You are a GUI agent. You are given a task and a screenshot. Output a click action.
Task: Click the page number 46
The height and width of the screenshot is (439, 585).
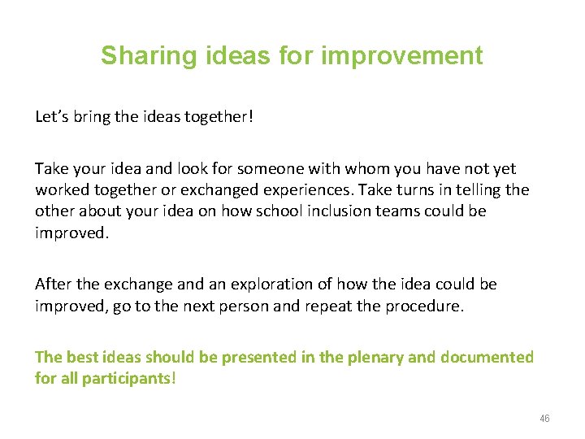[544, 419]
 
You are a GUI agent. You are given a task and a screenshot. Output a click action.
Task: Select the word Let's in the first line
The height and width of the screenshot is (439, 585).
[54, 116]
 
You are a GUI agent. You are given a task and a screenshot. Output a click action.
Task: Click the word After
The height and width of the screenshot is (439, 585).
[54, 284]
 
